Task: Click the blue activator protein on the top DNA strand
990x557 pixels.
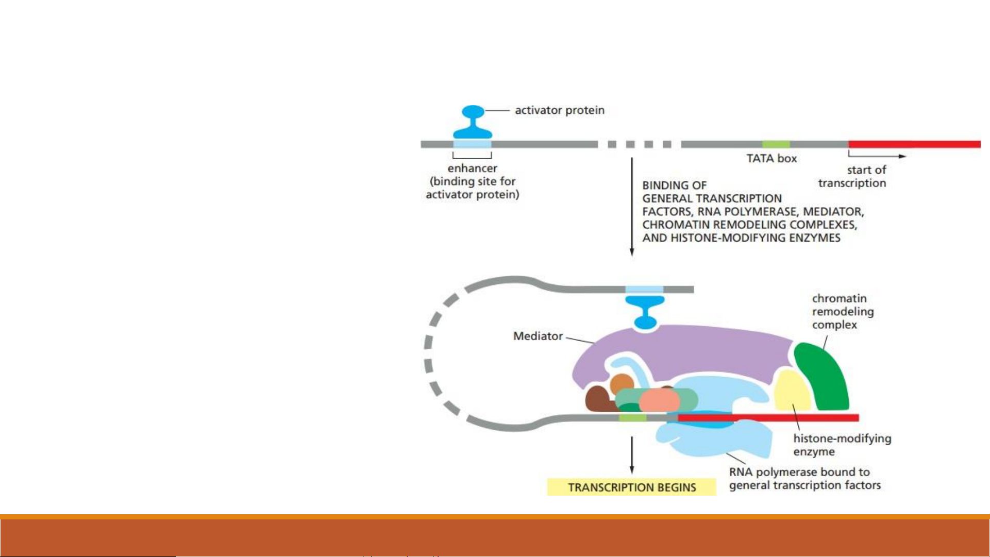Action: (x=473, y=123)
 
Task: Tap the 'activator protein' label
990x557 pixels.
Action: (x=560, y=110)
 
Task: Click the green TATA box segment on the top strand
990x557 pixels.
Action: (x=776, y=144)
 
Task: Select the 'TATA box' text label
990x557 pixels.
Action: (x=771, y=159)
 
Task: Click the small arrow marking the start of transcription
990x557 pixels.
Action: (x=877, y=155)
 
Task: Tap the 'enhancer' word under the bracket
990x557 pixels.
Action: (x=472, y=168)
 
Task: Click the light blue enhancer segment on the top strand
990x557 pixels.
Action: (x=472, y=144)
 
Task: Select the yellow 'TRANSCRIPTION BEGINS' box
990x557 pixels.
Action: (x=631, y=487)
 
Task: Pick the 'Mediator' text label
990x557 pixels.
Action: (x=538, y=336)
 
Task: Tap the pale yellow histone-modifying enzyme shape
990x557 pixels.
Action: (x=792, y=394)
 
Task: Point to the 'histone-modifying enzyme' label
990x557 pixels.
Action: (x=842, y=445)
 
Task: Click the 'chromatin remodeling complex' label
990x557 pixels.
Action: (x=842, y=312)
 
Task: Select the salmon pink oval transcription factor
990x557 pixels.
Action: (x=660, y=400)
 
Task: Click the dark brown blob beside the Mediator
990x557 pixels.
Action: (x=597, y=399)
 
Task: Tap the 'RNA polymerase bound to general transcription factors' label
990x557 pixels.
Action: (x=804, y=479)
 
